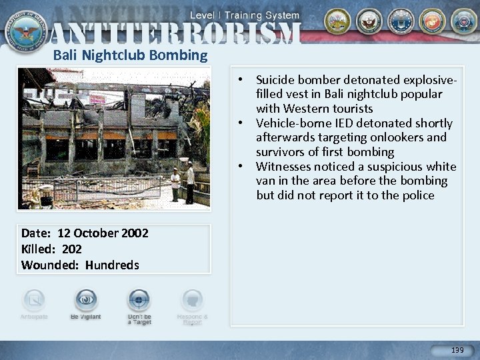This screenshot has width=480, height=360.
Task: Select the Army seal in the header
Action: pyautogui.click(x=336, y=21)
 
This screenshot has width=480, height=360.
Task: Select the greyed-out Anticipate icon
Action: pyautogui.click(x=33, y=299)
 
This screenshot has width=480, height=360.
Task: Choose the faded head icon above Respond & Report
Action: pyautogui.click(x=192, y=299)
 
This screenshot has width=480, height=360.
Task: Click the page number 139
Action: pyautogui.click(x=457, y=350)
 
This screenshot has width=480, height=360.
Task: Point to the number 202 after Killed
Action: pyautogui.click(x=71, y=249)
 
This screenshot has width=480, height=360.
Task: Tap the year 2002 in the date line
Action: pyautogui.click(x=135, y=233)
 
